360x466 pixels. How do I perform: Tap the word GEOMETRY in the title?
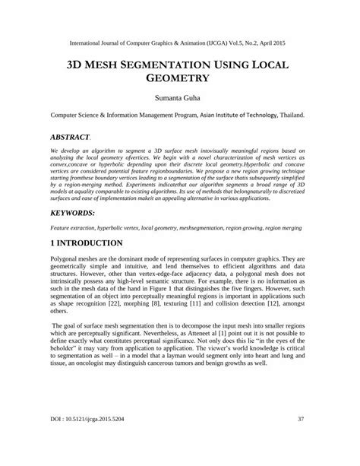[180, 78]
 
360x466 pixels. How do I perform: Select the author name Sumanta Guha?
[180, 98]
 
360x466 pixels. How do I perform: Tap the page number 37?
[302, 439]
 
